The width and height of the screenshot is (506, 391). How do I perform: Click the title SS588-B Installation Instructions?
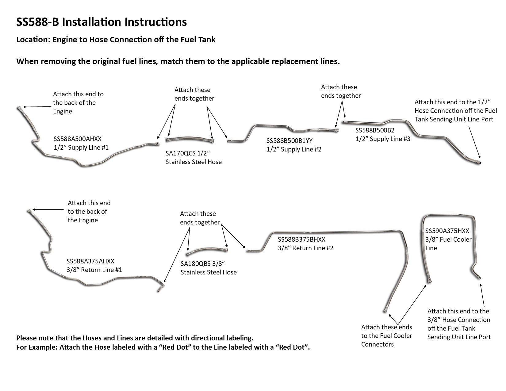click(101, 22)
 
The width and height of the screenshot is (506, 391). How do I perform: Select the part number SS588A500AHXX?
click(77, 139)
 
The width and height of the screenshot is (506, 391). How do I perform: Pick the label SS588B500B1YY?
click(289, 141)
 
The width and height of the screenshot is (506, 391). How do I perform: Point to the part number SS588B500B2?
click(375, 130)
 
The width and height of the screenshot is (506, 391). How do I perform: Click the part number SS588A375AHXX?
click(90, 261)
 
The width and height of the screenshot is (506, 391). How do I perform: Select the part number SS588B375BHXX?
click(301, 240)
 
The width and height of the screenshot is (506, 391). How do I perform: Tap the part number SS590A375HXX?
click(447, 231)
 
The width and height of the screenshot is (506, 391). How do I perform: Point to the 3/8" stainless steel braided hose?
click(207, 250)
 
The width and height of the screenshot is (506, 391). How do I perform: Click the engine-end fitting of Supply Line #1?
click(19, 108)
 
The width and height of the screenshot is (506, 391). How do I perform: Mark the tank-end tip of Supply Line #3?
click(479, 163)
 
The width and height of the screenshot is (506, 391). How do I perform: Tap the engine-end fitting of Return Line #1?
click(29, 211)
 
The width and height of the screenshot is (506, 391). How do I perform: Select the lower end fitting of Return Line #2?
click(385, 311)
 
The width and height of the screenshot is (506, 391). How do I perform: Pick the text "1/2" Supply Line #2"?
click(294, 150)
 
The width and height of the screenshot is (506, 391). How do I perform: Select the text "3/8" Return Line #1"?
click(94, 270)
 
